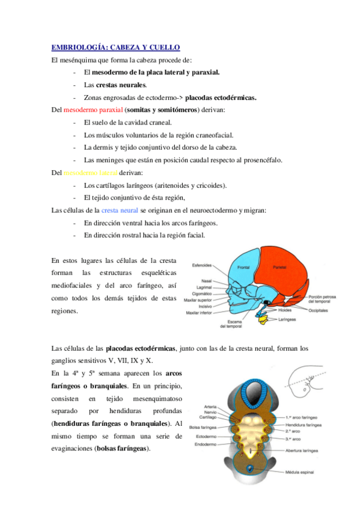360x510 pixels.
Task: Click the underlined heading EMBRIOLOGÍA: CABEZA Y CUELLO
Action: click(115, 47)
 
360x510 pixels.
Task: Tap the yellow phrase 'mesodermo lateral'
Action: click(92, 173)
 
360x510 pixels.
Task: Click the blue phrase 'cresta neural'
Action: click(120, 210)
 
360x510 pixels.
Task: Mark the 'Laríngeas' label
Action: click(286, 320)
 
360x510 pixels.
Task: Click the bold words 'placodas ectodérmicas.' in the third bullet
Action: click(221, 97)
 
